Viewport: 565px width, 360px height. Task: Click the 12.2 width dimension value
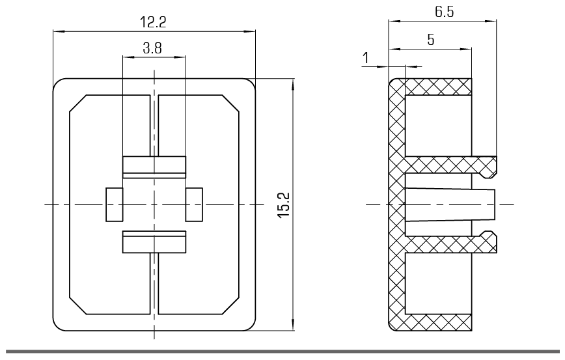click(153, 22)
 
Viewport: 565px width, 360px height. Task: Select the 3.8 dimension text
click(152, 48)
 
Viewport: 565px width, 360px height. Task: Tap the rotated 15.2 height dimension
click(284, 204)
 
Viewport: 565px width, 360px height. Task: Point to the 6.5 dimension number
click(445, 12)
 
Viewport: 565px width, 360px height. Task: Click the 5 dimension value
click(431, 40)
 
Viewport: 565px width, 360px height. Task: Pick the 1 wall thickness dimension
click(366, 58)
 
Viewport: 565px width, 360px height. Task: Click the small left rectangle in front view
click(114, 204)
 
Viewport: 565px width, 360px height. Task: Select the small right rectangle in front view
click(194, 204)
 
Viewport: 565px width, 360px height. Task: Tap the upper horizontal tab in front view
click(154, 167)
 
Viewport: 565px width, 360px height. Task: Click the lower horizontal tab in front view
click(154, 242)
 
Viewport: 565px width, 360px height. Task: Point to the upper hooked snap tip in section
click(490, 167)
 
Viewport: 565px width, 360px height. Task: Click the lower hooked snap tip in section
click(490, 242)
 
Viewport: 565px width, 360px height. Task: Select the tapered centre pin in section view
click(450, 204)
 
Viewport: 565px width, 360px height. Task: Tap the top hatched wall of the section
click(438, 87)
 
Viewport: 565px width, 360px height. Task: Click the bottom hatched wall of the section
click(438, 322)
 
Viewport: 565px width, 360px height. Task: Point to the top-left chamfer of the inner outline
click(78, 104)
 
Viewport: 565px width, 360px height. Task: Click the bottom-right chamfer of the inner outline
click(230, 306)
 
